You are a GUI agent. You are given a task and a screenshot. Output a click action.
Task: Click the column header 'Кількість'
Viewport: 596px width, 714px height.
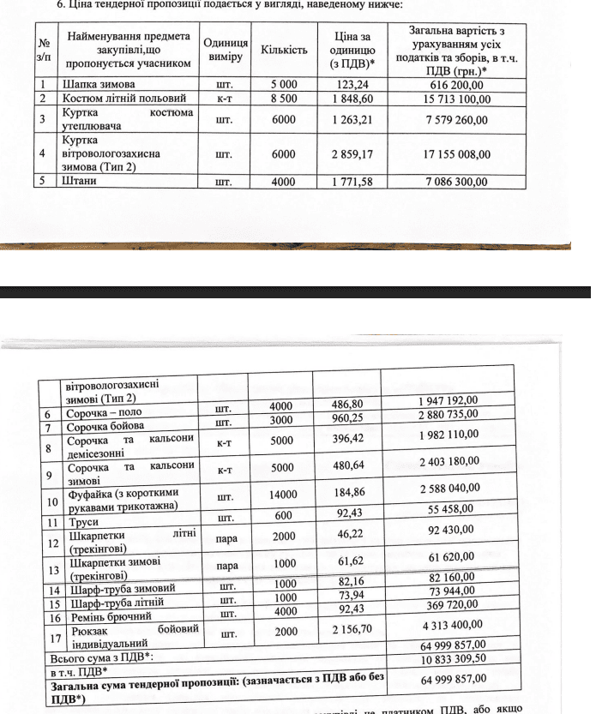284,50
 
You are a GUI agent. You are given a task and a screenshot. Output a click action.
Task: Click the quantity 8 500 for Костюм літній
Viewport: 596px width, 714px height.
284,99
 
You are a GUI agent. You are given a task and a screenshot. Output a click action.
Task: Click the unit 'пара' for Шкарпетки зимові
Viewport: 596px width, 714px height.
227,567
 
